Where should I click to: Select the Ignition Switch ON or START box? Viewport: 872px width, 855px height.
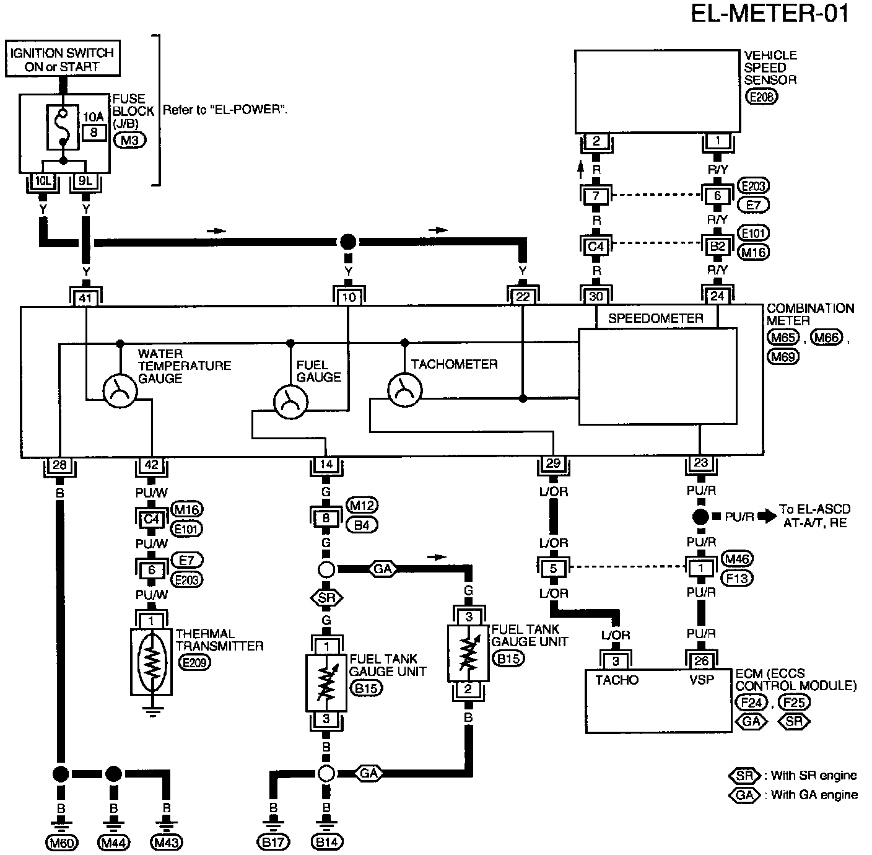[x=63, y=58]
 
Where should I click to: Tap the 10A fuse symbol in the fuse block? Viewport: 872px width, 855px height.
[x=63, y=127]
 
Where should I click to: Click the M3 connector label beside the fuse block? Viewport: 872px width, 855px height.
[x=130, y=140]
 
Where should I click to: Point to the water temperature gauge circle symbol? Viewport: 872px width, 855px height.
[x=120, y=392]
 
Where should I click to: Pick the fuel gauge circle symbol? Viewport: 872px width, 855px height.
[x=290, y=401]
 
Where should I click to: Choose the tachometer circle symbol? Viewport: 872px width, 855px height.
[x=405, y=390]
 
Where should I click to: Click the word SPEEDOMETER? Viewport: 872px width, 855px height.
[x=656, y=318]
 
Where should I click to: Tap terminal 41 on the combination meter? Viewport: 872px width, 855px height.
[x=85, y=297]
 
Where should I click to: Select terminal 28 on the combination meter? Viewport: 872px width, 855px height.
[x=59, y=465]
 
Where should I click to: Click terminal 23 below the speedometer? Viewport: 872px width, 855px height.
[x=700, y=463]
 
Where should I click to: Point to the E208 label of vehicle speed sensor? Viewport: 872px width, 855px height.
[x=762, y=97]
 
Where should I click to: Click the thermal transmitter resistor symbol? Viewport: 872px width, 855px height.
[x=152, y=662]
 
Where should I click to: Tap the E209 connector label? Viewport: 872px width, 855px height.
[x=194, y=663]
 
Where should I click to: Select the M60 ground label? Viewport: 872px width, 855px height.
[x=61, y=843]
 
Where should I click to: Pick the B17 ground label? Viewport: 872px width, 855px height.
[x=273, y=843]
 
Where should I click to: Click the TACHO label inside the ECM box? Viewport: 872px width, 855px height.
[x=617, y=680]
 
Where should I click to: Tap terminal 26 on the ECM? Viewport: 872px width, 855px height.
[x=701, y=660]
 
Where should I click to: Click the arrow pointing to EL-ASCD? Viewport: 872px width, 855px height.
[x=767, y=517]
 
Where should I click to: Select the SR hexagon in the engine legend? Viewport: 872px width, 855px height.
[x=744, y=775]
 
